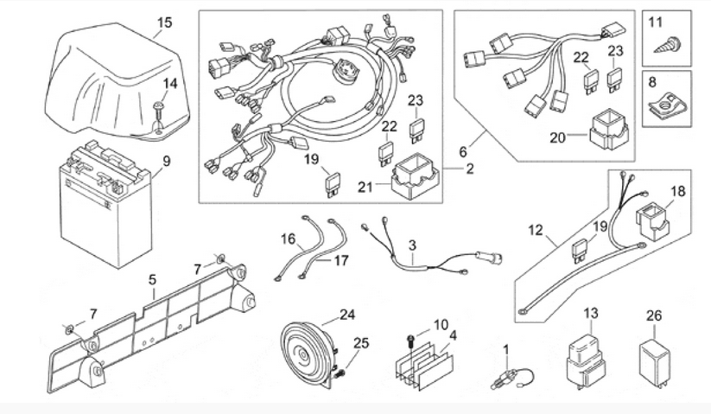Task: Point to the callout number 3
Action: pos(413,245)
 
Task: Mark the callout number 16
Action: pos(289,238)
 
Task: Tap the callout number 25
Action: pos(362,343)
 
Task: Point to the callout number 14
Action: pos(170,83)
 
